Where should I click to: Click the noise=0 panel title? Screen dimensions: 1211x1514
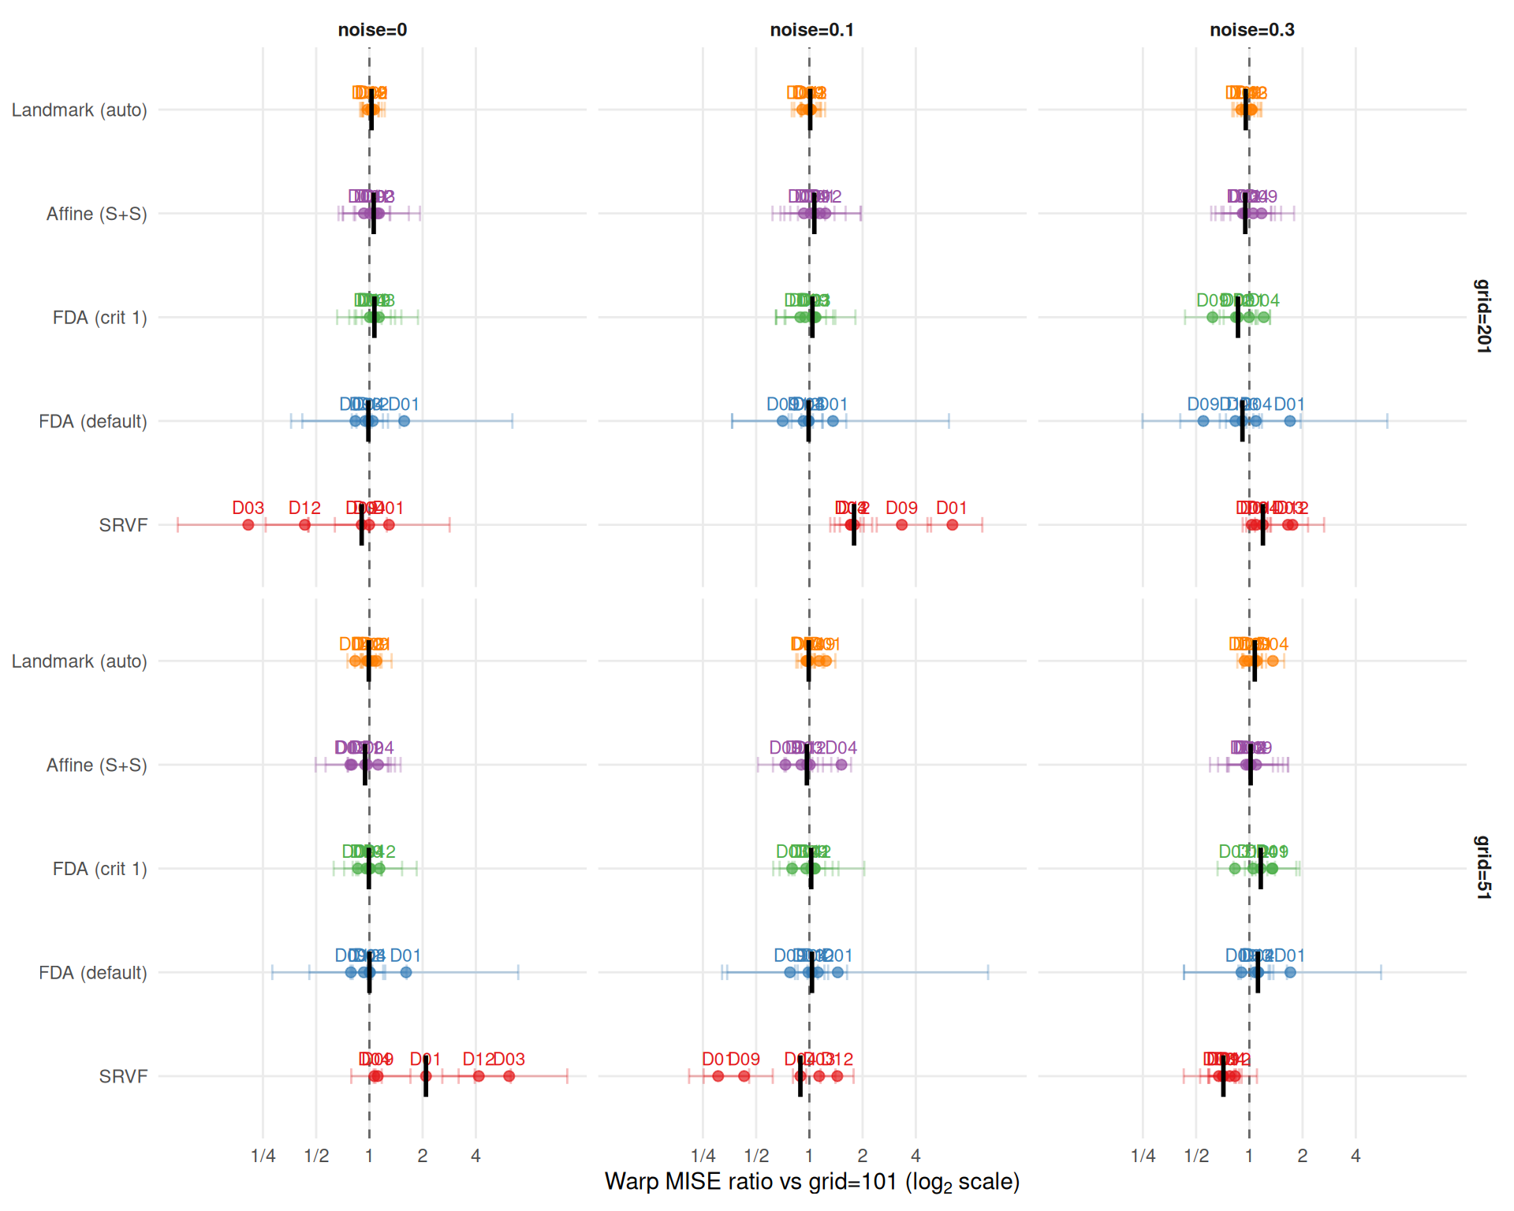(372, 30)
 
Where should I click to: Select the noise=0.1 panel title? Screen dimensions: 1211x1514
(811, 30)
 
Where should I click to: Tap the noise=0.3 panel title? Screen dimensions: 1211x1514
(1251, 30)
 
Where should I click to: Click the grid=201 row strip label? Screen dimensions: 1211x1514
(1482, 316)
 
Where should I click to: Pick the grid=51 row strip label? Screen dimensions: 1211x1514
(1482, 867)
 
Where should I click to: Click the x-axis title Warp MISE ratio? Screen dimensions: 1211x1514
(811, 1182)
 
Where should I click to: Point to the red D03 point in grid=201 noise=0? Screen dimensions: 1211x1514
(248, 525)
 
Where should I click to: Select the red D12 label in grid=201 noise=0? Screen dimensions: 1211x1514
(304, 508)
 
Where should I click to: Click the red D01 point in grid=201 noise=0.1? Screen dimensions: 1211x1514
(953, 525)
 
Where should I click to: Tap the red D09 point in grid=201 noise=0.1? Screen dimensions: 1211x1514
(902, 525)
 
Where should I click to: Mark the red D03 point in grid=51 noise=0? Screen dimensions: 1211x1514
(509, 1076)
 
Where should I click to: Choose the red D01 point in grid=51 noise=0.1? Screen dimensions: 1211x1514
(718, 1076)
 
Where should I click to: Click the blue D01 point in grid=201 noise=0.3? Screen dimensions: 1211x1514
(1290, 421)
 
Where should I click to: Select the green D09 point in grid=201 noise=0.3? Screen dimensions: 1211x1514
(1213, 318)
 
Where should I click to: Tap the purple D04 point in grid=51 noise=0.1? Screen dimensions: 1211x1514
(841, 765)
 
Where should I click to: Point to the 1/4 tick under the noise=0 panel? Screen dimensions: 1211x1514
(263, 1156)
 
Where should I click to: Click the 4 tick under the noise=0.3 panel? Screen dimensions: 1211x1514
(1356, 1156)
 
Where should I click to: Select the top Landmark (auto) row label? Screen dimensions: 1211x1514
(79, 110)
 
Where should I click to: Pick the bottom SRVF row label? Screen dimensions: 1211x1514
(123, 1076)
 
